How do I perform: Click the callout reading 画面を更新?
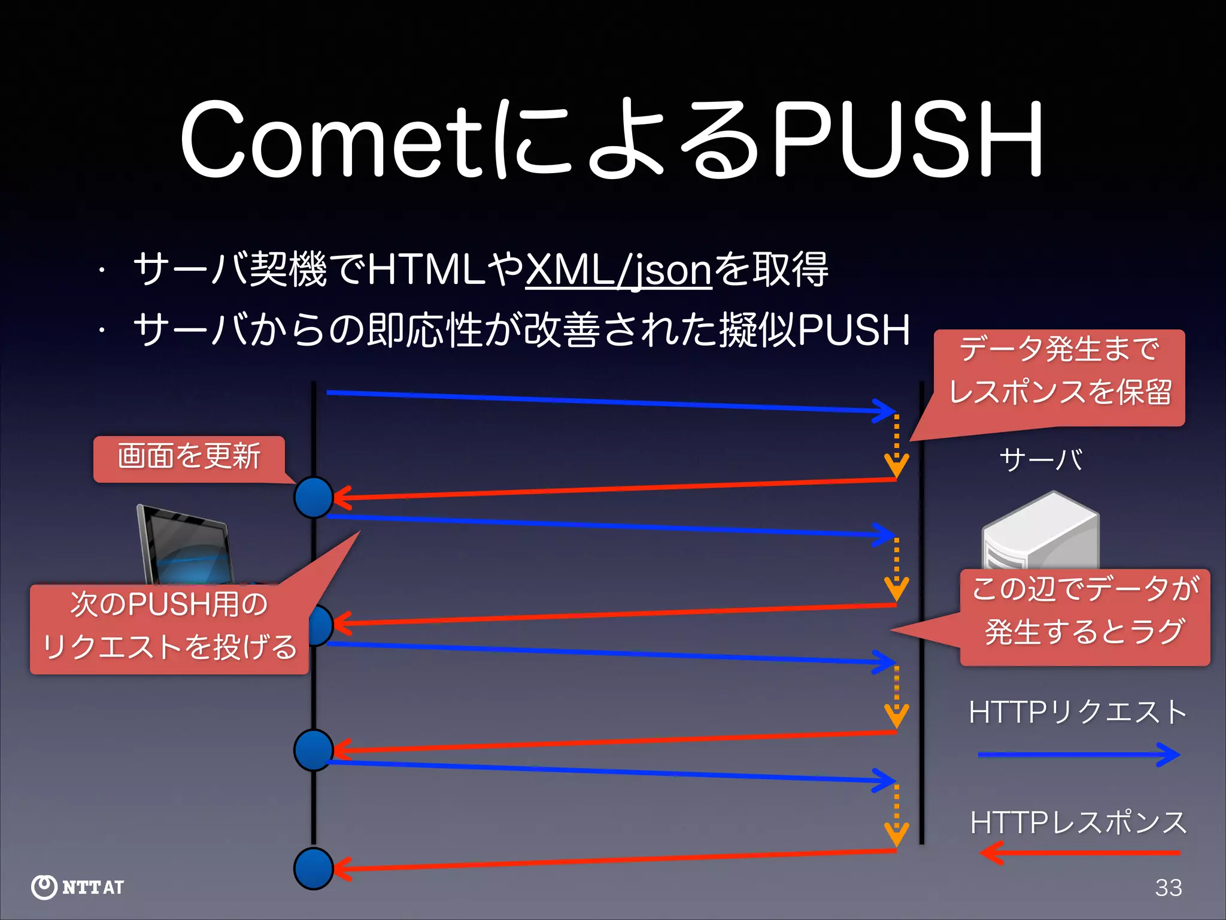[189, 458]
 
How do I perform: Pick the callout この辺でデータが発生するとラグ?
[1085, 617]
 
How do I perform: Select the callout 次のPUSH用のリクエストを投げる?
[169, 629]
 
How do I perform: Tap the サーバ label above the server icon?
[1040, 460]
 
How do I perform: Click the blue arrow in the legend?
[1078, 755]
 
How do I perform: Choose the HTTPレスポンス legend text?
[1078, 822]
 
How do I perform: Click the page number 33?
[1168, 888]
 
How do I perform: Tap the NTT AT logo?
[78, 887]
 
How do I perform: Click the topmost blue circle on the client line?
[314, 497]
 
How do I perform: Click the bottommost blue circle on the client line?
[314, 868]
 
